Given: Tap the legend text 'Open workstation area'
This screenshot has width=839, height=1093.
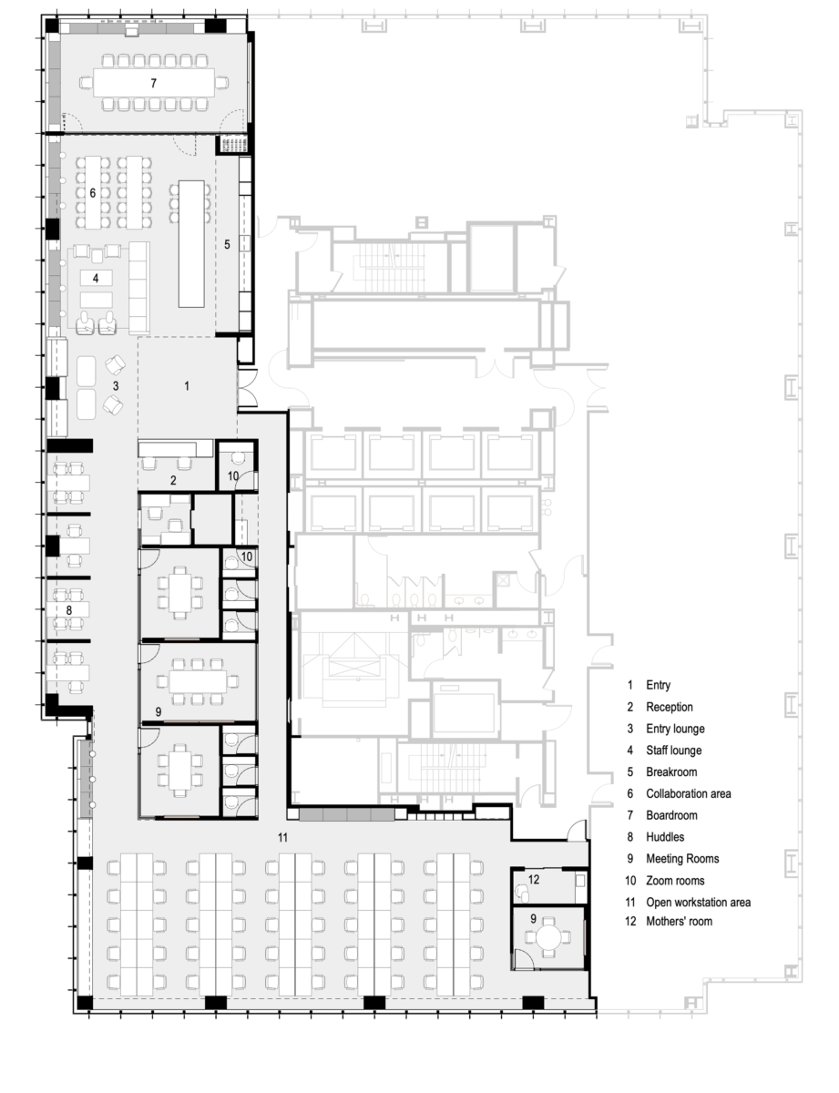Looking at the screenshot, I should pos(698,903).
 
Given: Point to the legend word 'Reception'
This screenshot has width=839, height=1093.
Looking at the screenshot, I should pos(670,707).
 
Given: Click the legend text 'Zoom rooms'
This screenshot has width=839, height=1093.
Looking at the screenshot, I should pos(674,881).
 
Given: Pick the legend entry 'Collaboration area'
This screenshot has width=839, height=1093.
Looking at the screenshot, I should pos(688,793).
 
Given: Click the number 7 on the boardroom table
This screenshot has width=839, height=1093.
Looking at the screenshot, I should pos(154,83).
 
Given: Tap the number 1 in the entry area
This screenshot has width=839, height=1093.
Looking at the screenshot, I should pos(187,386).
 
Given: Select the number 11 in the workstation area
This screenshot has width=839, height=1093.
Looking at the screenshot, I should pos(283,836).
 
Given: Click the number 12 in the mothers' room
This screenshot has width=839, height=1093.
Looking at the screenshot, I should pos(535,879).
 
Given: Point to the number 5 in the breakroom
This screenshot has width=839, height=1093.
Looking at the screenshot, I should pos(228,244).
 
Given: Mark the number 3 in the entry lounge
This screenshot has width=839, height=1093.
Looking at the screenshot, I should pos(116,386).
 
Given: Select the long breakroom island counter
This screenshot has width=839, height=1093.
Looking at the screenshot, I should pos(191,243).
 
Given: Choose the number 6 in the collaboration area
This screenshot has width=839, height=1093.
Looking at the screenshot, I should pos(93,192).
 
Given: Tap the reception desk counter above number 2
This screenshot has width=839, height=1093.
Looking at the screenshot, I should pos(174,448).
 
